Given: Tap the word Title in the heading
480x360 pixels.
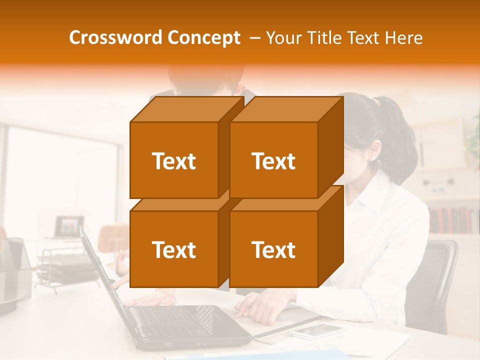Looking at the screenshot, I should pyautogui.click(x=323, y=38).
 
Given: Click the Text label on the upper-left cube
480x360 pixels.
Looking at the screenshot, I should pyautogui.click(x=173, y=161).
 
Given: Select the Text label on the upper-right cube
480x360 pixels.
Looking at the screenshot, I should pyautogui.click(x=273, y=161).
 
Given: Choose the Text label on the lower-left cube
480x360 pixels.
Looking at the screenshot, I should pyautogui.click(x=173, y=249).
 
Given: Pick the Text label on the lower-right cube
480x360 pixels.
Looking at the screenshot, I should pyautogui.click(x=273, y=249).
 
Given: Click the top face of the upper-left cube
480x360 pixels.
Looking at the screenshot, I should pyautogui.click(x=186, y=109).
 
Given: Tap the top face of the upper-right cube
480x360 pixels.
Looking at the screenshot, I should pyautogui.click(x=286, y=109).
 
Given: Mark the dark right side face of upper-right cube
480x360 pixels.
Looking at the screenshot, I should pyautogui.click(x=330, y=145).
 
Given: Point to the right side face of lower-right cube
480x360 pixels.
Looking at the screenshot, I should pyautogui.click(x=330, y=235).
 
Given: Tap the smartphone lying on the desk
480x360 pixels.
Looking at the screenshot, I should pyautogui.click(x=316, y=331).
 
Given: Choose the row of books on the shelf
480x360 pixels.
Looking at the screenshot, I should pyautogui.click(x=452, y=220).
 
